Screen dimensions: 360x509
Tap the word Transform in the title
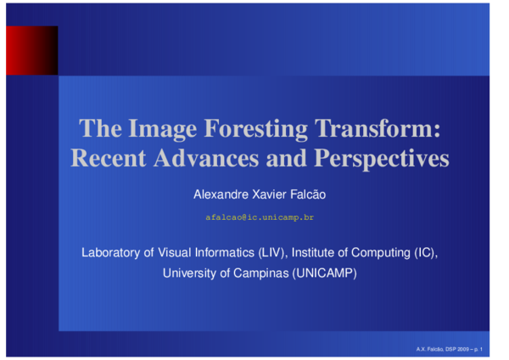coord(378,129)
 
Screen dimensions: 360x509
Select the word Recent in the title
coord(108,158)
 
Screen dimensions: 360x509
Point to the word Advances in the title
coord(204,158)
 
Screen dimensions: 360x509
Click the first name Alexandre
coord(221,195)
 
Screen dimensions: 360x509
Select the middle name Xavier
coord(269,195)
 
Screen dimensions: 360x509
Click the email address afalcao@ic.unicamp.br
coord(260,218)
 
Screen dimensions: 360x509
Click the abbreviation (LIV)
coord(273,253)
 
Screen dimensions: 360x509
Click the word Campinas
coord(259,273)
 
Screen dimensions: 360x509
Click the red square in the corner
coord(31,50)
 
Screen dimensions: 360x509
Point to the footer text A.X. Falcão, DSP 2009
coord(442,349)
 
